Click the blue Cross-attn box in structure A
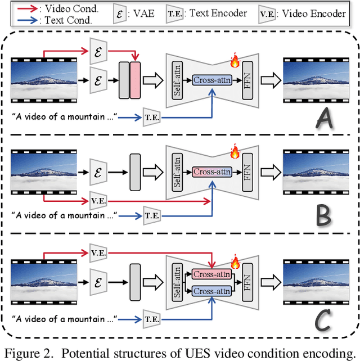pyautogui.click(x=212, y=80)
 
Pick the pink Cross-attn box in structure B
pyautogui.click(x=212, y=171)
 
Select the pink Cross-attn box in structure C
pyautogui.click(x=211, y=274)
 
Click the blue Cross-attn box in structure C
pyautogui.click(x=211, y=291)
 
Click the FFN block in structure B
pyautogui.click(x=246, y=171)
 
